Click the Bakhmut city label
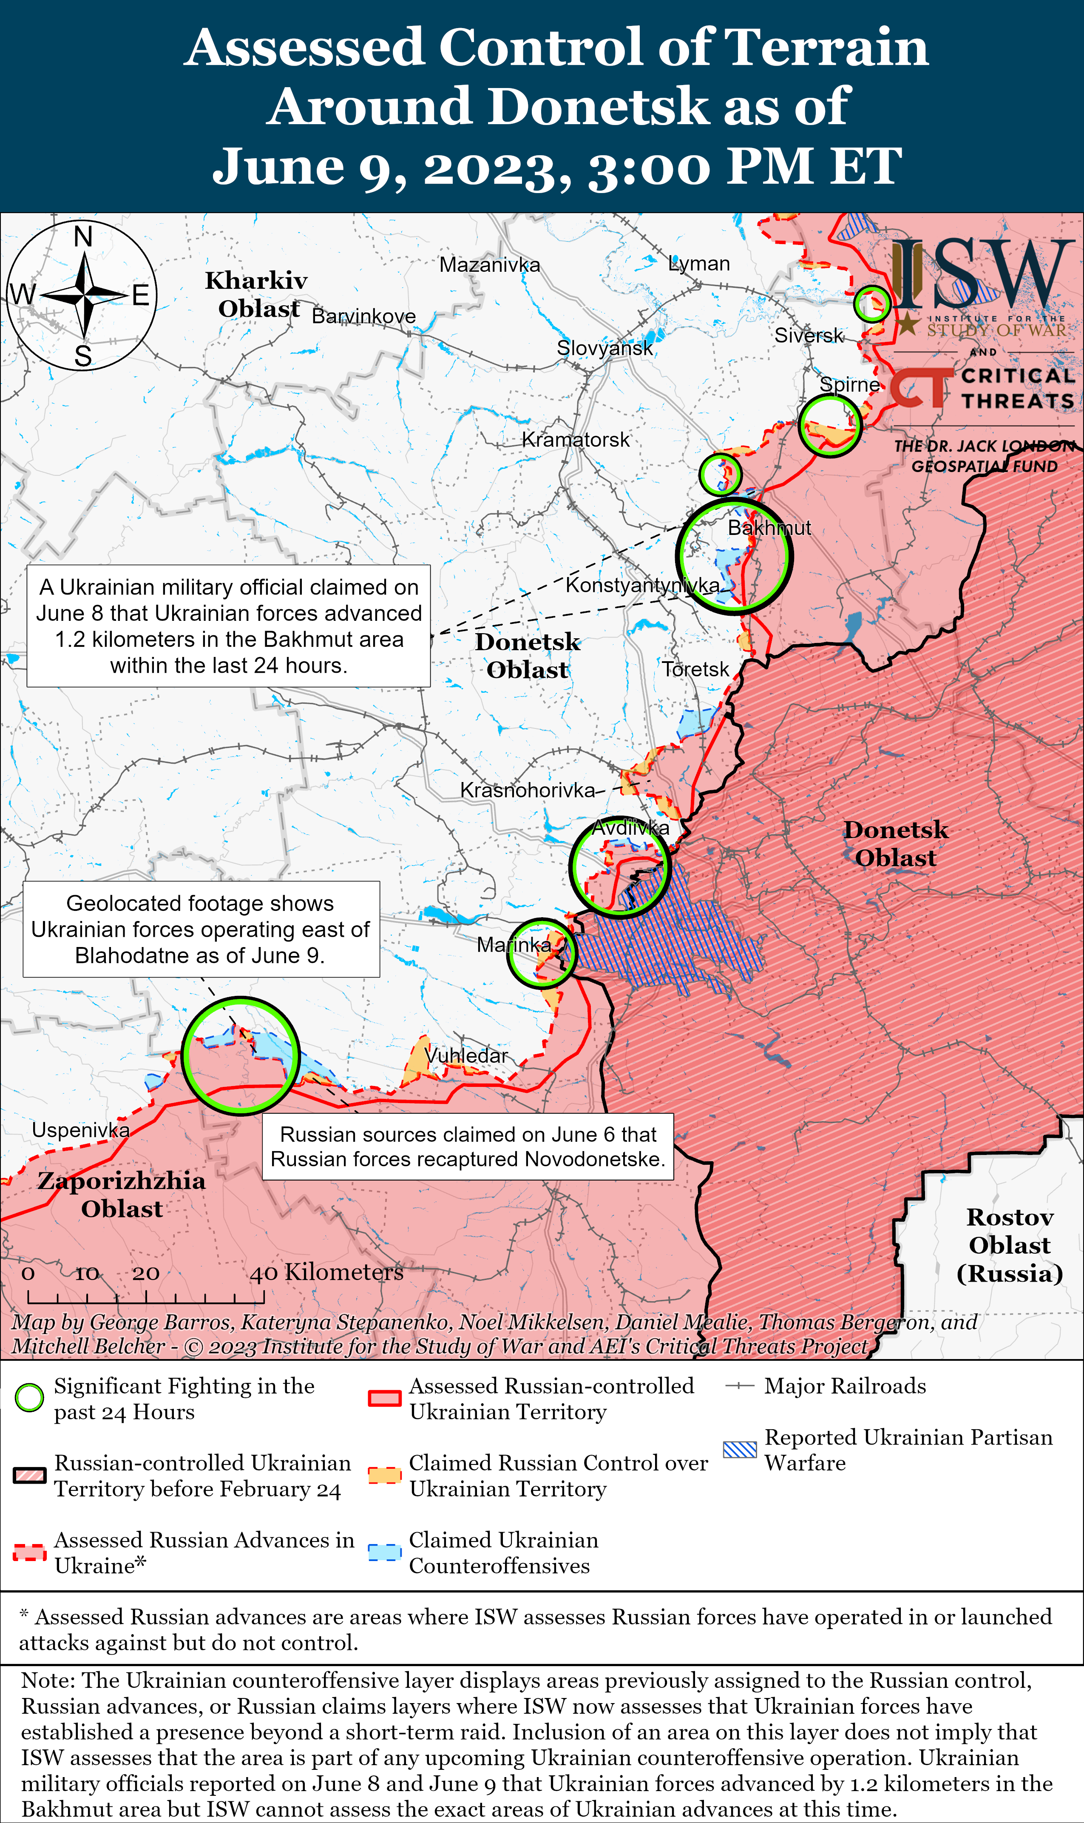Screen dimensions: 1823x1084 (x=769, y=528)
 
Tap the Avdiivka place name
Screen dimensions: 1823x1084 (x=630, y=828)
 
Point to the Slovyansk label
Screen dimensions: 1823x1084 (x=605, y=348)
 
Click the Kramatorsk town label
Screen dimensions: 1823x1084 (x=576, y=439)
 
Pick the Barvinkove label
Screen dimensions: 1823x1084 (x=364, y=316)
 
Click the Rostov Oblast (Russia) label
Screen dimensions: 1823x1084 (x=1010, y=1245)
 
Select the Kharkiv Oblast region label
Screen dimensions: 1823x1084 (x=257, y=294)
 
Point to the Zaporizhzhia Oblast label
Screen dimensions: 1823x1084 (x=121, y=1194)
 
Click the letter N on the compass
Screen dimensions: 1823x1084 (x=83, y=237)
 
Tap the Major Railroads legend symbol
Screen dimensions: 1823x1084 (x=739, y=1385)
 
